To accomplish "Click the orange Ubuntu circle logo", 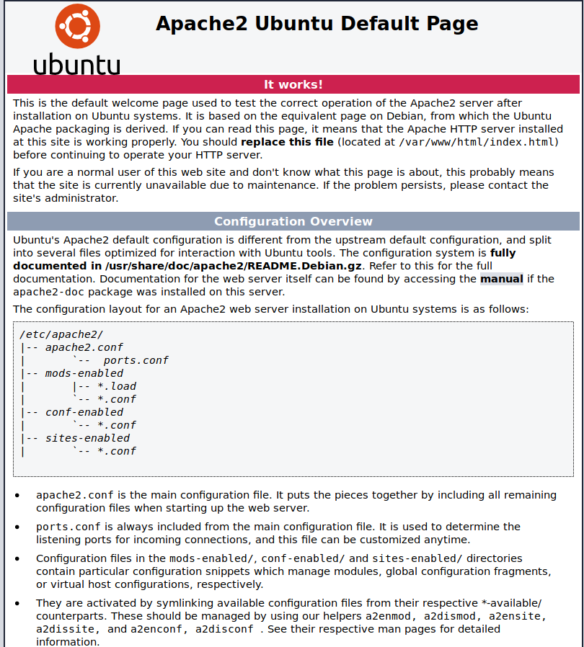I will point(77,27).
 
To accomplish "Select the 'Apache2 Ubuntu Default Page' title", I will point(317,24).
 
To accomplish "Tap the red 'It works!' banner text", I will point(293,84).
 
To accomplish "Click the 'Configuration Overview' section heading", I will point(293,221).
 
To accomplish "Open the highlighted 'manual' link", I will point(502,279).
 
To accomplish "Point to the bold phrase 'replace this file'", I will point(287,142).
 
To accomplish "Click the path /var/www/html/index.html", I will point(478,142).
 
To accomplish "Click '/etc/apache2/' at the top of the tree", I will point(61,334).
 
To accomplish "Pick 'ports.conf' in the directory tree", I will point(136,360).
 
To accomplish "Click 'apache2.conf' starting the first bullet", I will point(75,495).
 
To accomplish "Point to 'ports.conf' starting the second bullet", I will point(68,527).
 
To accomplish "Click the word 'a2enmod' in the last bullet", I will point(390,616).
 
